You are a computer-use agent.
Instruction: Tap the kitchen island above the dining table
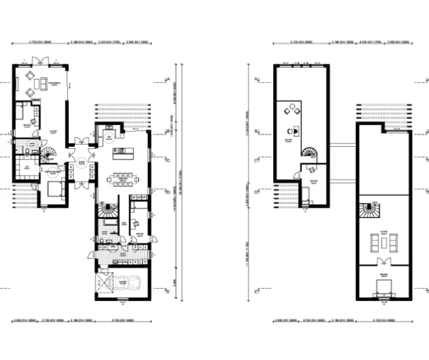tap(123, 152)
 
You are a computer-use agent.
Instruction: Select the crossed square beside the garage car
tap(104, 283)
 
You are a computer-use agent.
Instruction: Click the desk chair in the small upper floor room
tap(310, 169)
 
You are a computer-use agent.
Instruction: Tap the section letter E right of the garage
tap(169, 291)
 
